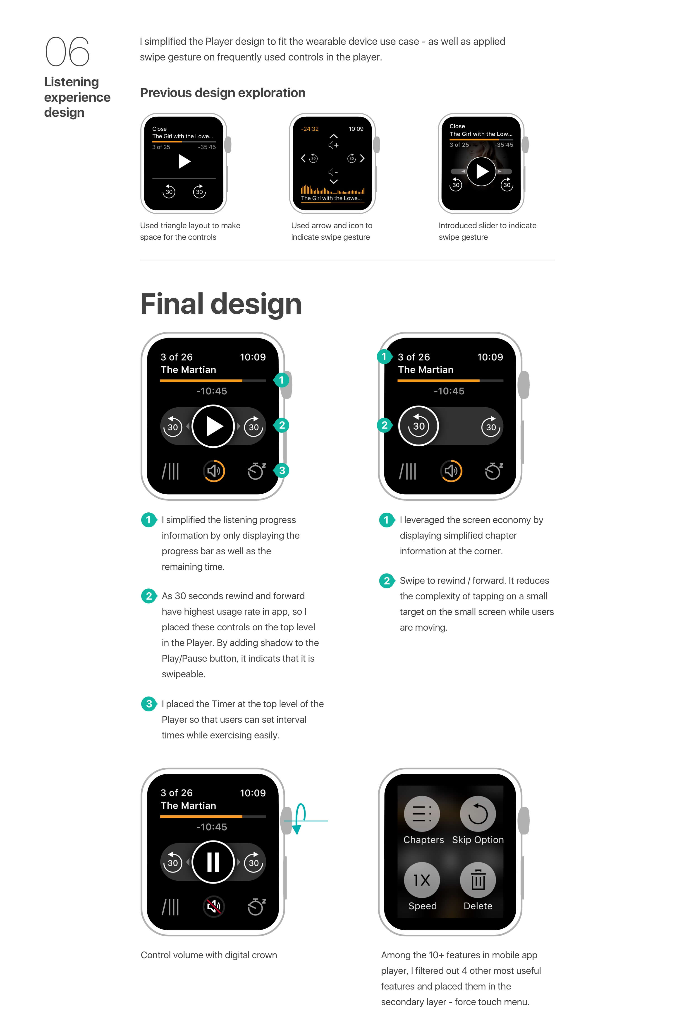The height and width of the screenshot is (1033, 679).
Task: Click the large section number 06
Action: (67, 51)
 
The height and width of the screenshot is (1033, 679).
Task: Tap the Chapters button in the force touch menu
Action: (422, 814)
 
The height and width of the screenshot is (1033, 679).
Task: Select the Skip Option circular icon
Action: (478, 814)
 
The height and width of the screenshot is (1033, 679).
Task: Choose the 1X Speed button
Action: (422, 880)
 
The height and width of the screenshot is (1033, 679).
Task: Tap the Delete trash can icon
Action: (478, 880)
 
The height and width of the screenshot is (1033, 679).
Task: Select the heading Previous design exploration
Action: (222, 93)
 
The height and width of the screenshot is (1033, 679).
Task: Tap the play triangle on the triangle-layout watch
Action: (184, 161)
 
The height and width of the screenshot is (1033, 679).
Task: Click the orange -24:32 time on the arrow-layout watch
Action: (310, 129)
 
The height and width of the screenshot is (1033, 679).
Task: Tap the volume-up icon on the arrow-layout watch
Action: (333, 145)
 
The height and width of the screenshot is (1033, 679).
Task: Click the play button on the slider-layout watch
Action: (481, 171)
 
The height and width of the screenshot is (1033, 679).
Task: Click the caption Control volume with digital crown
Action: (209, 955)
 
